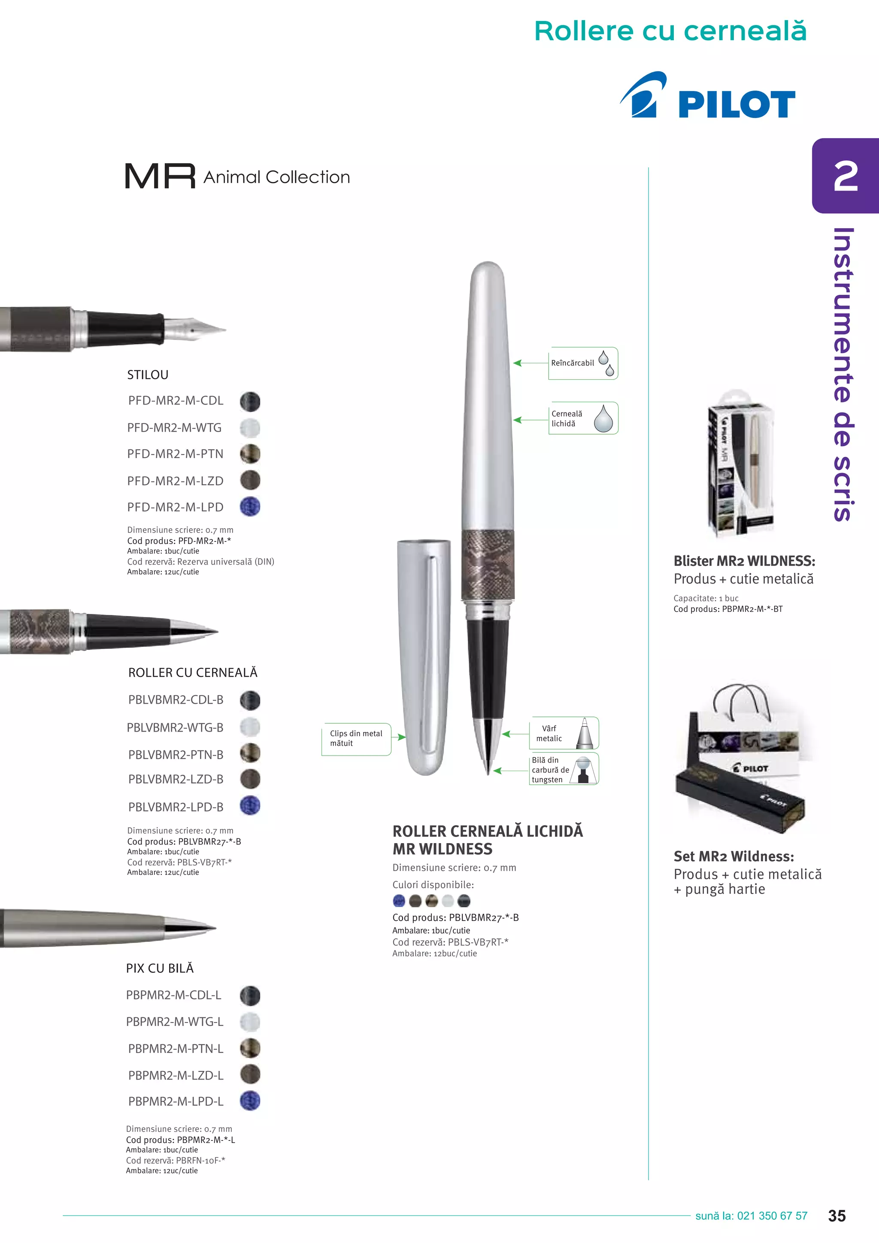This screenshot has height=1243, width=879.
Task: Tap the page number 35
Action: (x=837, y=1216)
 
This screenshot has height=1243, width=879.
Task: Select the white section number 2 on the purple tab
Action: (x=846, y=176)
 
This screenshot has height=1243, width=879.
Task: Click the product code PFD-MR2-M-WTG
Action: (x=174, y=428)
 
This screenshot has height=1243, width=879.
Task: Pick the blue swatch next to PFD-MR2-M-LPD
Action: (x=250, y=507)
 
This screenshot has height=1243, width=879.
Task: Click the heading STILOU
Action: (x=148, y=375)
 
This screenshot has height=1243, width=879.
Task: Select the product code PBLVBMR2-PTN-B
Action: (x=176, y=754)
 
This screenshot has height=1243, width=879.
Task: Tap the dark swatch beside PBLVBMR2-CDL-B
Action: (x=250, y=700)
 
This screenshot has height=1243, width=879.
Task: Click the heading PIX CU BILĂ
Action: (x=160, y=968)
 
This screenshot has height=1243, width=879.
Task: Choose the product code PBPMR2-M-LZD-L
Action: (x=176, y=1075)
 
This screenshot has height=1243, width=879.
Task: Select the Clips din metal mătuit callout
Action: (x=356, y=739)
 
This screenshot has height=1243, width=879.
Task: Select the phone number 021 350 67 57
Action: (x=772, y=1216)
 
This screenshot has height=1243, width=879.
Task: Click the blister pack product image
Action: (x=741, y=463)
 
